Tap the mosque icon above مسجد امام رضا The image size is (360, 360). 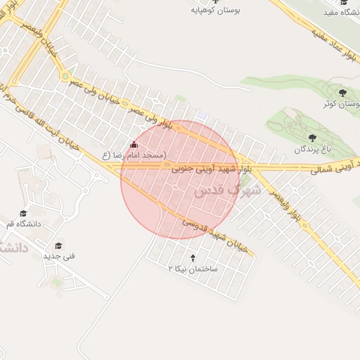tap(135, 144)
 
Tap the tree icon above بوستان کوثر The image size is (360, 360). tap(342, 93)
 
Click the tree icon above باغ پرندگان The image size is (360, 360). tap(312, 138)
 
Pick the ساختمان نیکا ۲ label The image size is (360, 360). tap(193, 269)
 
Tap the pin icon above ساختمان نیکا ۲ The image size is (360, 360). tap(193, 258)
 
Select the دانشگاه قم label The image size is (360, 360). tap(24, 224)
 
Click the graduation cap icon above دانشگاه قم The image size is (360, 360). tap(23, 214)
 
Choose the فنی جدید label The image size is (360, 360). tap(59, 256)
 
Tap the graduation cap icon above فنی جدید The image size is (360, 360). tap(59, 245)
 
